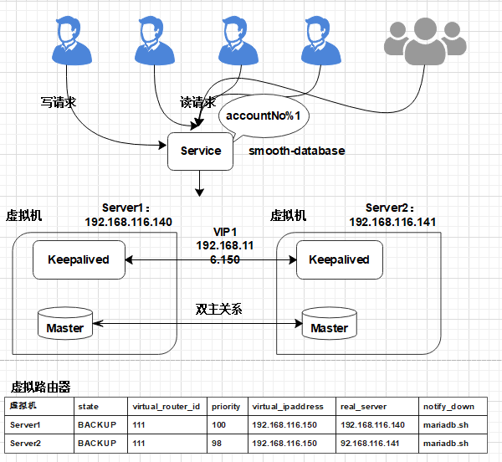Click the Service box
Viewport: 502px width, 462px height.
click(201, 151)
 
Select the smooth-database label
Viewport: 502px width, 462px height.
click(296, 151)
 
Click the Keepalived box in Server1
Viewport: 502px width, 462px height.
click(79, 259)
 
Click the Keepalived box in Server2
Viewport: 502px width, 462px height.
click(339, 259)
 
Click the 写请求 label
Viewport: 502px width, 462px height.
click(59, 103)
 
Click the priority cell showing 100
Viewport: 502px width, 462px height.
click(220, 424)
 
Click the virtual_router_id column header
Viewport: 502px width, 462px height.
click(165, 407)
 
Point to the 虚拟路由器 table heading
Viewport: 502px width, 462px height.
click(40, 387)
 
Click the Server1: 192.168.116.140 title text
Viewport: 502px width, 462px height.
click(129, 215)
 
